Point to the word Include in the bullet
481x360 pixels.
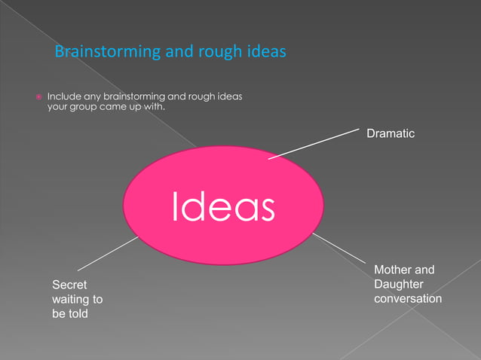64,96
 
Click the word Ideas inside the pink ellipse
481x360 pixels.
223,206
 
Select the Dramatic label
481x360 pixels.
391,133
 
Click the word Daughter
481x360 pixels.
398,284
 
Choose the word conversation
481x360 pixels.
408,298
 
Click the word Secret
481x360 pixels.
69,285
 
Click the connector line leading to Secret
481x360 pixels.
107,253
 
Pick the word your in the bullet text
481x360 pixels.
60,107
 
